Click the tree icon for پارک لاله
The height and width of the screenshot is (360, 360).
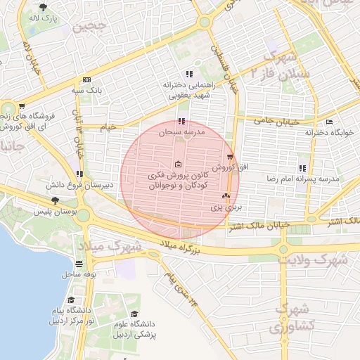[44, 7]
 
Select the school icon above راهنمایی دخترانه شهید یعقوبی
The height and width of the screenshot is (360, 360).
[188, 75]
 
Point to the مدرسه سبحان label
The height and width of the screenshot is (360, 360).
[181, 132]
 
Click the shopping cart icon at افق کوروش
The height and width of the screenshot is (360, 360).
[230, 157]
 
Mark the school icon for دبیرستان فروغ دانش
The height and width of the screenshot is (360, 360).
[81, 174]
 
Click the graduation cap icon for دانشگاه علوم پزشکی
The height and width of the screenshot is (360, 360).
[134, 314]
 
